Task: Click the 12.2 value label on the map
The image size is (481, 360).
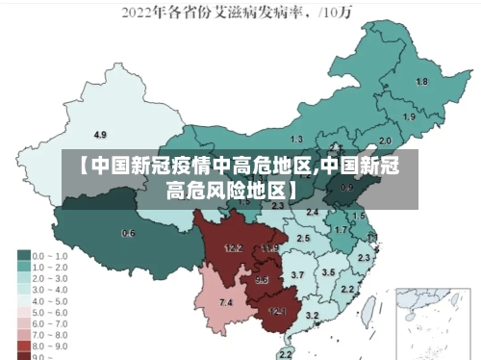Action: point(233,248)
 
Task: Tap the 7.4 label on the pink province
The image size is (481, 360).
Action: point(226,303)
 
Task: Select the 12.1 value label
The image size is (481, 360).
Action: point(277,311)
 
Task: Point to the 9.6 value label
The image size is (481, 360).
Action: point(262,280)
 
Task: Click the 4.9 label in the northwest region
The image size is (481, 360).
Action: point(100,134)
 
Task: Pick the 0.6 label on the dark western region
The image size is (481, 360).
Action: point(128,234)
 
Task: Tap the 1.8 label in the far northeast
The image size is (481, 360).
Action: point(421,82)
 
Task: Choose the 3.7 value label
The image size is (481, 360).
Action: point(297,275)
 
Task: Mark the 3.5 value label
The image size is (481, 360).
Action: point(328,272)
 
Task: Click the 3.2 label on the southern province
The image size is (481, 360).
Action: point(312,316)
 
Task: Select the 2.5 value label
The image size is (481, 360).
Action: point(303,237)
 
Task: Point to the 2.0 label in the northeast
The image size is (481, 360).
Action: point(385,141)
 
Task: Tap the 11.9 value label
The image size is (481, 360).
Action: point(269,248)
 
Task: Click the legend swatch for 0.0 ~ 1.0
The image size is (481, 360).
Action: point(23,256)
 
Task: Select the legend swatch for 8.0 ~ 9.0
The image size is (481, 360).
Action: point(23,344)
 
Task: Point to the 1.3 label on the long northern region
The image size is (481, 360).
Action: point(296,140)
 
